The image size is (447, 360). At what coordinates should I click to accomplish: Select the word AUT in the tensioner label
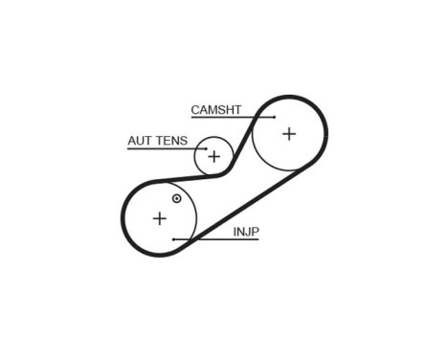[140, 141]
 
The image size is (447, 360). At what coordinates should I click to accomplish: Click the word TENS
[172, 141]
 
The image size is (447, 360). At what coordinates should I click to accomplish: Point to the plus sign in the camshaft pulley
[289, 134]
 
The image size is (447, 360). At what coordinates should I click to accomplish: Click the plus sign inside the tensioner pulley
[214, 156]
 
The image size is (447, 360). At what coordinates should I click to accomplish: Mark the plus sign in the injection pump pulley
[159, 218]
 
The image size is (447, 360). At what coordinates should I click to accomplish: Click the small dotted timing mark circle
[176, 199]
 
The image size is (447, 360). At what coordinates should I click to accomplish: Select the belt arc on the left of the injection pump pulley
[124, 217]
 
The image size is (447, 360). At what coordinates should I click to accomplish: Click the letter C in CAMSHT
[195, 110]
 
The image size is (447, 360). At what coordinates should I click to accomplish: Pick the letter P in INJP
[257, 231]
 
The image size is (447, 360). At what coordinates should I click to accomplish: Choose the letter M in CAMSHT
[212, 110]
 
